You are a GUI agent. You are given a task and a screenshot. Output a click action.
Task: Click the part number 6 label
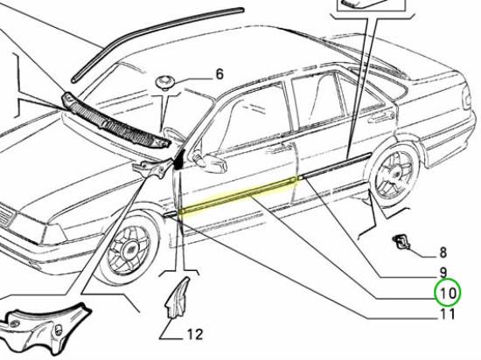(220, 74)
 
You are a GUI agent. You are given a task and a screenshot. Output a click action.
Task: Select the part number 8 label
(443, 253)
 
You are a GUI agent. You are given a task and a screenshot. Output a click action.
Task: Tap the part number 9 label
(443, 273)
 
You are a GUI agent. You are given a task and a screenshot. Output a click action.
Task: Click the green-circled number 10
(448, 294)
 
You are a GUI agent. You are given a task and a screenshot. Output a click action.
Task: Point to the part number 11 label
(448, 314)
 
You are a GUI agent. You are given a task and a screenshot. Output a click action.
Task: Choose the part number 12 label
(195, 335)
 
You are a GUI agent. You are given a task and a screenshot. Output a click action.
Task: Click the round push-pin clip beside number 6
(166, 83)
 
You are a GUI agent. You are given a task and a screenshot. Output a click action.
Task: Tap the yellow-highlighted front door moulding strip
(238, 195)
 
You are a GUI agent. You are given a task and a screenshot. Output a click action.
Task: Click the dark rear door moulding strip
(335, 166)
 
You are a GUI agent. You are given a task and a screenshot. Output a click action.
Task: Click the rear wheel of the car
(394, 174)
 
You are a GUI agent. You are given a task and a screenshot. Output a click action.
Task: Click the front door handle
(277, 149)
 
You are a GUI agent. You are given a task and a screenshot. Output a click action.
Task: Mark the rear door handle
(383, 115)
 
